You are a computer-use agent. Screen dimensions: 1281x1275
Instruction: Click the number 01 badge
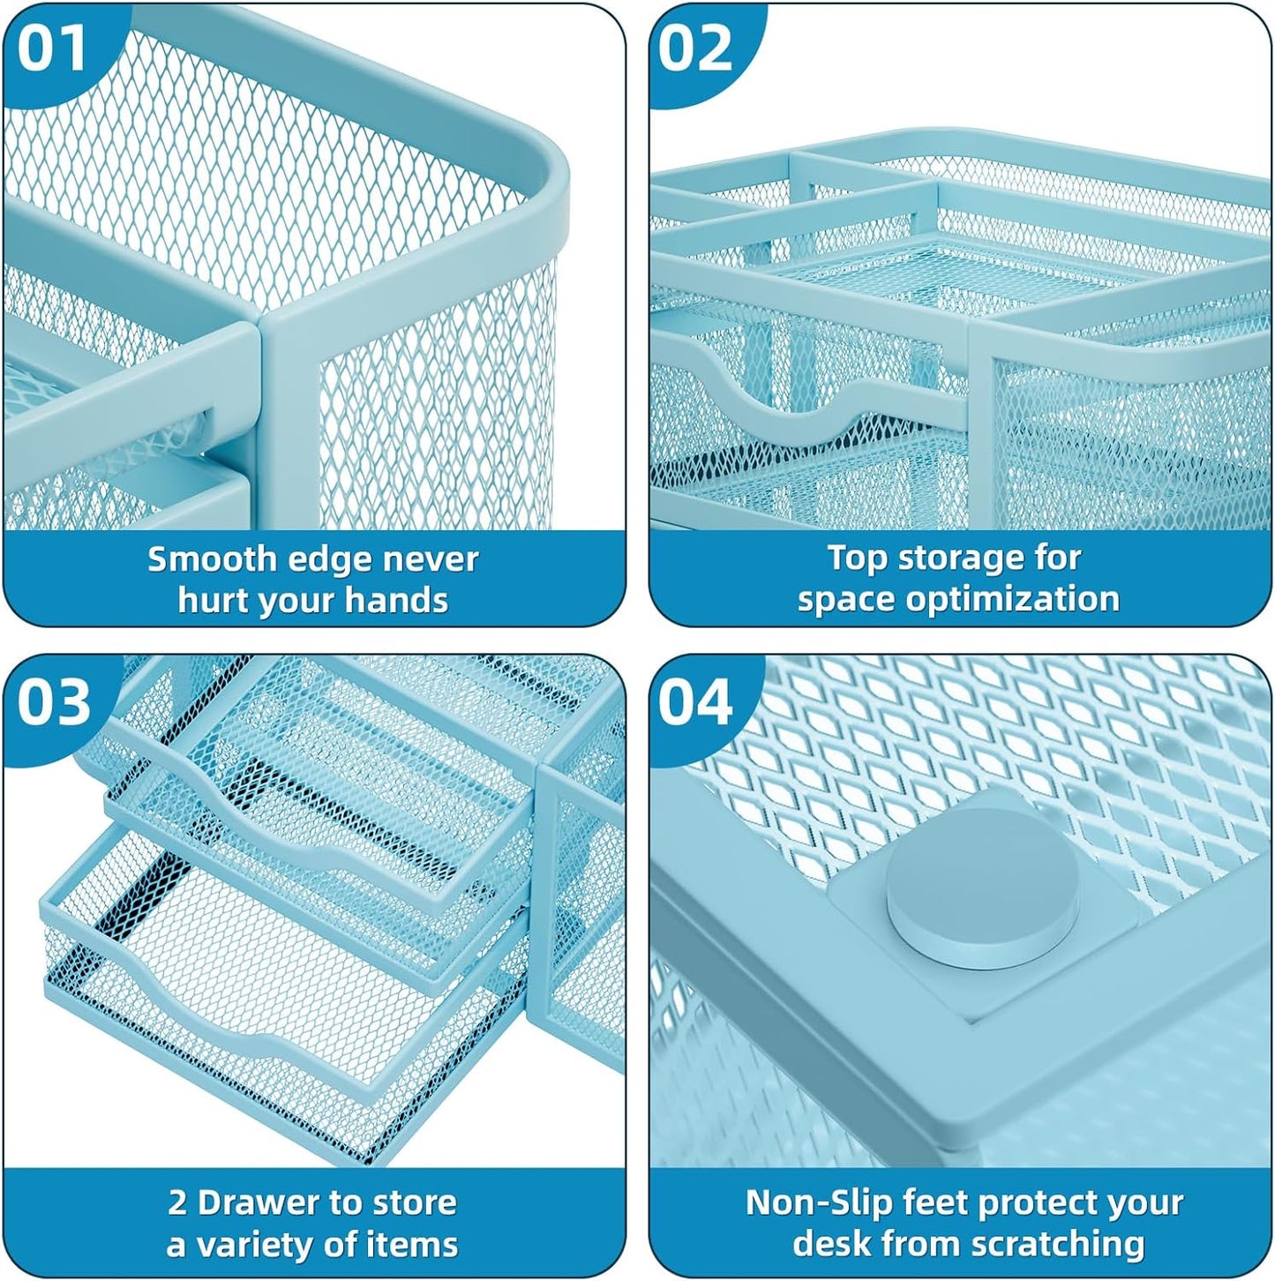click(x=52, y=48)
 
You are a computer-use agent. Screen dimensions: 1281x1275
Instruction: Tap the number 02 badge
click(x=695, y=48)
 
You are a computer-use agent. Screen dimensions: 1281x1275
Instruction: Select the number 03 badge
click(x=54, y=702)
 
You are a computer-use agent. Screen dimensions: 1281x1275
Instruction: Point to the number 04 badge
click(x=695, y=702)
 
